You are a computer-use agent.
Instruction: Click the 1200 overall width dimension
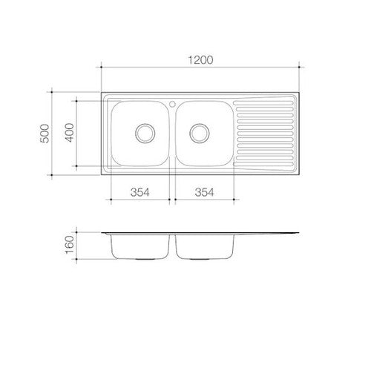point(200,60)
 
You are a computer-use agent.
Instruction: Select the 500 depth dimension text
point(45,134)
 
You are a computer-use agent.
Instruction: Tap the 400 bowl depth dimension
point(70,133)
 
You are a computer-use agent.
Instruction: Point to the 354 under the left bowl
point(140,192)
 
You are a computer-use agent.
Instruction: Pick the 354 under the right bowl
point(205,192)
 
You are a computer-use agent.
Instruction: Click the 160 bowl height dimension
point(70,245)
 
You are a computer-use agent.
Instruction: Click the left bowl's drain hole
point(145,133)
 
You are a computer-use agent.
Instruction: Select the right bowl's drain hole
point(200,133)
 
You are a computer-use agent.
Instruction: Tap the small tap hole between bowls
point(172,104)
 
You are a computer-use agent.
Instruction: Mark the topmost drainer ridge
point(263,102)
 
